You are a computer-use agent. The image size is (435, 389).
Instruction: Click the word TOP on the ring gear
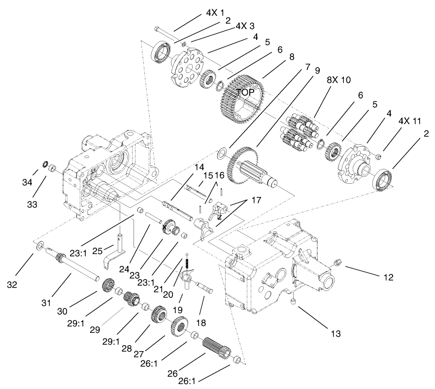click(245, 92)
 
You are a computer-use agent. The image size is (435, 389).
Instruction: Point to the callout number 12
click(388, 277)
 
